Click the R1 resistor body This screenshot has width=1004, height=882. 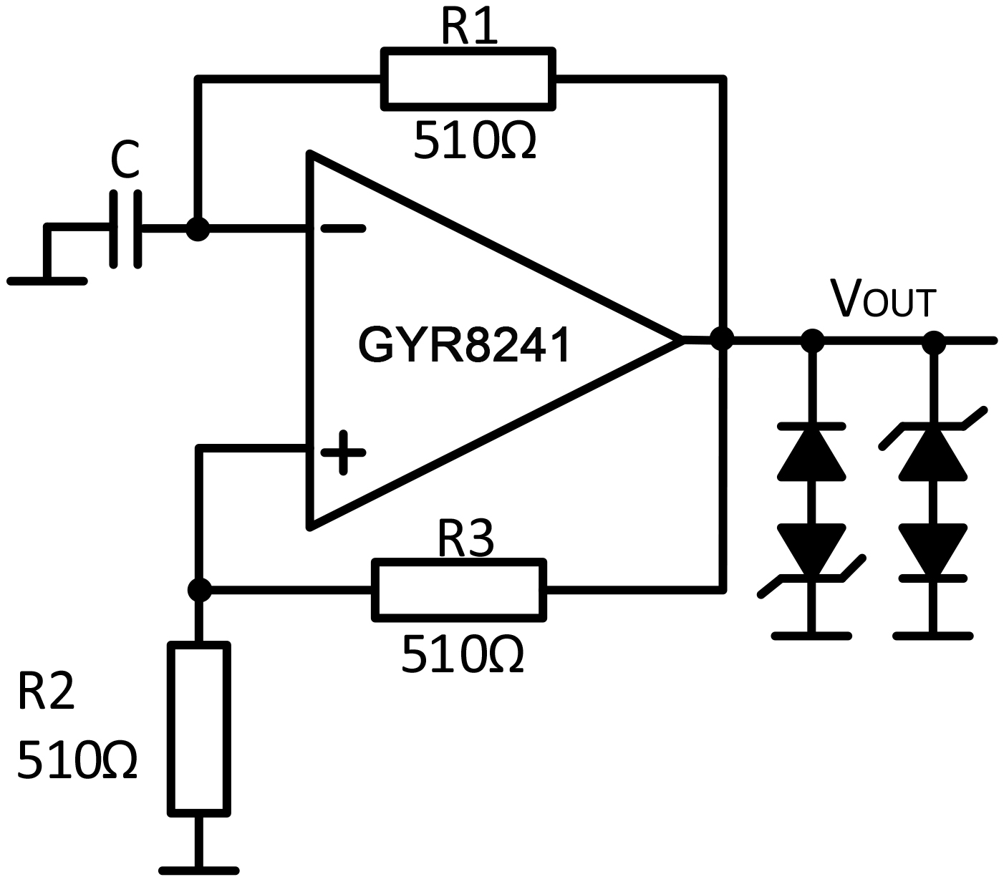click(x=468, y=79)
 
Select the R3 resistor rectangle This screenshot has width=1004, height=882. click(x=459, y=589)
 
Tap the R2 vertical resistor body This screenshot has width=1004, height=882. click(x=199, y=729)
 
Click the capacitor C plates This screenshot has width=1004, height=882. click(x=126, y=229)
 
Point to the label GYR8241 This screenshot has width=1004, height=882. click(x=464, y=346)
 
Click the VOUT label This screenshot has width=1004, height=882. click(x=882, y=299)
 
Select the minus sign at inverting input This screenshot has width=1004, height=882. click(x=343, y=229)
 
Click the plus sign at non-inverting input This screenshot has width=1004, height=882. click(x=343, y=452)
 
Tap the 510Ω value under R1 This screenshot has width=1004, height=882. click(x=474, y=140)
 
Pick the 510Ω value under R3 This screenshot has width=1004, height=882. click(x=463, y=654)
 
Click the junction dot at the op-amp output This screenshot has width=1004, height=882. click(x=722, y=339)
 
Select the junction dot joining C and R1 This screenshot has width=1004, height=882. click(x=198, y=229)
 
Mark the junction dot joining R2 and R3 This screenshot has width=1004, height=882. click(x=199, y=590)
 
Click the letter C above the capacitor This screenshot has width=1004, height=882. click(x=125, y=161)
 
